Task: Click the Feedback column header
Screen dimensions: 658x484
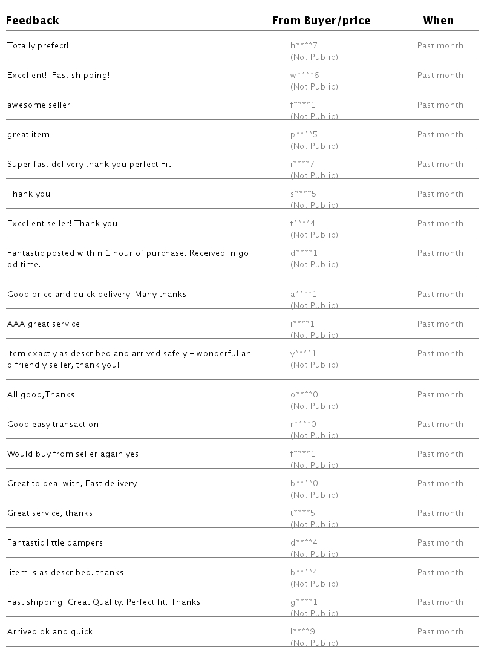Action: [x=33, y=21]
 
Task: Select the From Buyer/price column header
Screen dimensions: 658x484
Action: [x=321, y=21]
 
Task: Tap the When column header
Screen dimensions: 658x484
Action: [x=438, y=21]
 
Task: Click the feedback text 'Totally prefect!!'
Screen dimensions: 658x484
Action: [x=39, y=46]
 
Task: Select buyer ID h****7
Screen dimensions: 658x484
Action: [x=304, y=46]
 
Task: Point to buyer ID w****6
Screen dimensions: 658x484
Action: [x=304, y=76]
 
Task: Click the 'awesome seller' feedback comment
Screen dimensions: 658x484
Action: [x=39, y=105]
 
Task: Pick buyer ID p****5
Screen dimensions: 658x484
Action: [x=304, y=135]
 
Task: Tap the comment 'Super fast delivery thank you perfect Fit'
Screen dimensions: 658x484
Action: [x=89, y=164]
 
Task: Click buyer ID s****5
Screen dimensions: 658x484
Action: [x=303, y=194]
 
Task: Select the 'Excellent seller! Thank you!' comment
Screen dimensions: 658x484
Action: [x=64, y=224]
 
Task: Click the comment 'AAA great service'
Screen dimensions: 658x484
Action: [x=44, y=324]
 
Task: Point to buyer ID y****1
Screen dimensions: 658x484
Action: [x=303, y=354]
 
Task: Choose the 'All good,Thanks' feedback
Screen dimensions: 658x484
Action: [x=41, y=395]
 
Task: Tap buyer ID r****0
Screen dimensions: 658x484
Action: [x=303, y=425]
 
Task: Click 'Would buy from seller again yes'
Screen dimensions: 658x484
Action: [x=73, y=454]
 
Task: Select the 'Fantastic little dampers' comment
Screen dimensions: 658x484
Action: [x=55, y=543]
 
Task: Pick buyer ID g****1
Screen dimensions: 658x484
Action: [x=304, y=602]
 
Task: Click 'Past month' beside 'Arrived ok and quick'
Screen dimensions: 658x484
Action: [x=440, y=632]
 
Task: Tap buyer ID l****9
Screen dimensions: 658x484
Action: [x=302, y=632]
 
